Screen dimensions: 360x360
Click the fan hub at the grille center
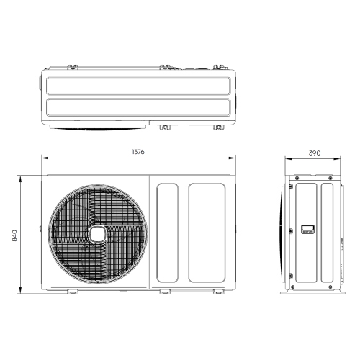tap(96, 233)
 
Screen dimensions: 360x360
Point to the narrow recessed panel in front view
tap(166, 233)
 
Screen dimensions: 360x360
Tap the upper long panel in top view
tap(139, 86)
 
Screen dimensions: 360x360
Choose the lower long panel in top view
tap(139, 109)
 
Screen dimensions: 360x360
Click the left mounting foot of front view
tap(72, 292)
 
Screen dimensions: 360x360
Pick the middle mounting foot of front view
tap(163, 292)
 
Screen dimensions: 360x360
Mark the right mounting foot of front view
tap(217, 292)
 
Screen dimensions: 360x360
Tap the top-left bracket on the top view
tap(73, 67)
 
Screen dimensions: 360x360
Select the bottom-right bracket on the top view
tap(217, 128)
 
